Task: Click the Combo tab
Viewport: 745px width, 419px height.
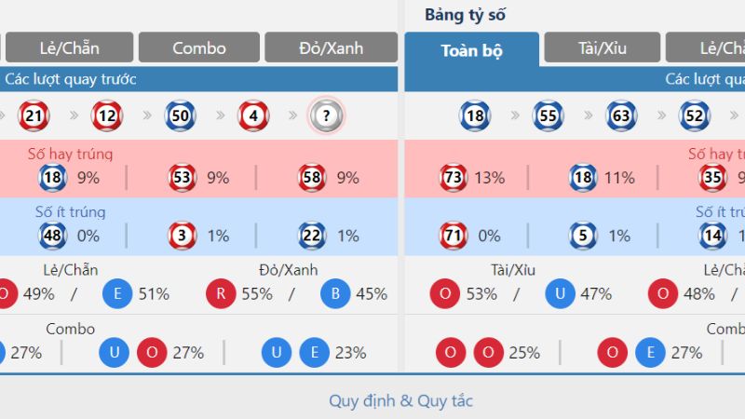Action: [x=199, y=47]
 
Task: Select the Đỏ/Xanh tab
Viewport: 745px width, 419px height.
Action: [x=331, y=47]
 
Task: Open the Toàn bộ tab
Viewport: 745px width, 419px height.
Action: [x=471, y=50]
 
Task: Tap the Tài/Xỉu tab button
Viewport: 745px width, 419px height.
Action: [x=602, y=47]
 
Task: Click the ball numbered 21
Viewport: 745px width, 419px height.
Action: [x=34, y=116]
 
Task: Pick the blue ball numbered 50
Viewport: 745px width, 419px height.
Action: [x=181, y=116]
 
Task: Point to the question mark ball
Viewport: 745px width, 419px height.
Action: [x=326, y=116]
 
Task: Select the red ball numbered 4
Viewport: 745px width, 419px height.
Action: [x=253, y=116]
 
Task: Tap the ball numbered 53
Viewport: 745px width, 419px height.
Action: [x=183, y=177]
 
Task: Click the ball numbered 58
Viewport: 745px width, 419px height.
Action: [x=312, y=177]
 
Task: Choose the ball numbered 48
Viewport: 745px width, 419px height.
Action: [x=52, y=236]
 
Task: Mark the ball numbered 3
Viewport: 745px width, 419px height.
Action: [x=183, y=236]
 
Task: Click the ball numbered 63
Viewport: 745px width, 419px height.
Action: [x=621, y=116]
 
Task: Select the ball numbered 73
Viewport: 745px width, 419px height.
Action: [x=454, y=177]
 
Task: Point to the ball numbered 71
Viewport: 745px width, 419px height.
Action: [x=454, y=236]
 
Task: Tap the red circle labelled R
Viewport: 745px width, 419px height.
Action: [x=220, y=294]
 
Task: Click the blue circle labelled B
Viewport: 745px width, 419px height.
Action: [x=334, y=294]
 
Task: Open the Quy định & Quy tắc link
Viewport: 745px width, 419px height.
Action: [x=400, y=401]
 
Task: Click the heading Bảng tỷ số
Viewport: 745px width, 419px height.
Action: [x=465, y=15]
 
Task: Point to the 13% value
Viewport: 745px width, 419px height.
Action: [x=489, y=177]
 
